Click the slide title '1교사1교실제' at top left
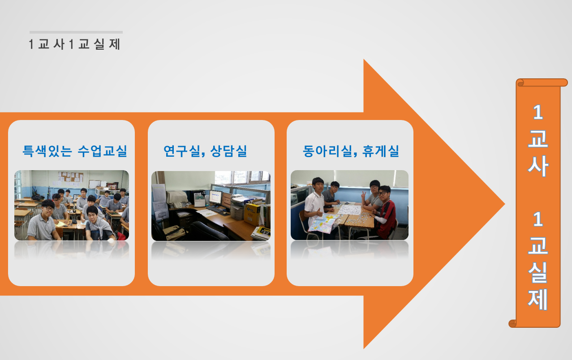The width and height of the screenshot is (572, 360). click(74, 44)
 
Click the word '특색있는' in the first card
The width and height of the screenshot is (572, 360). click(47, 150)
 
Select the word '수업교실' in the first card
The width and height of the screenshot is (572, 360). click(102, 150)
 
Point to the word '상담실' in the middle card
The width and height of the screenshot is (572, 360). click(228, 150)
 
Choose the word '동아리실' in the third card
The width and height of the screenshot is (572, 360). click(327, 150)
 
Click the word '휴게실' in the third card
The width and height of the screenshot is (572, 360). click(380, 150)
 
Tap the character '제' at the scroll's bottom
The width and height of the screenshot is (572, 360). click(538, 299)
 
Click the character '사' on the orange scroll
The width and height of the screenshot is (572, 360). click(538, 166)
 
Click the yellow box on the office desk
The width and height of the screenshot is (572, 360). click(252, 214)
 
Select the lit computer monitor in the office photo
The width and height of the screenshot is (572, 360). click(215, 197)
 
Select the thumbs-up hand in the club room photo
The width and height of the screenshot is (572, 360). click(319, 212)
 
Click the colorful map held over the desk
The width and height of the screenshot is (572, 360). click(323, 223)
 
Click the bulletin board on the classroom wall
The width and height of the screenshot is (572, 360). click(71, 177)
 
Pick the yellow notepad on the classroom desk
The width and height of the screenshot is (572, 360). click(60, 224)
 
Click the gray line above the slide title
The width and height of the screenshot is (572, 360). click(76, 32)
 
